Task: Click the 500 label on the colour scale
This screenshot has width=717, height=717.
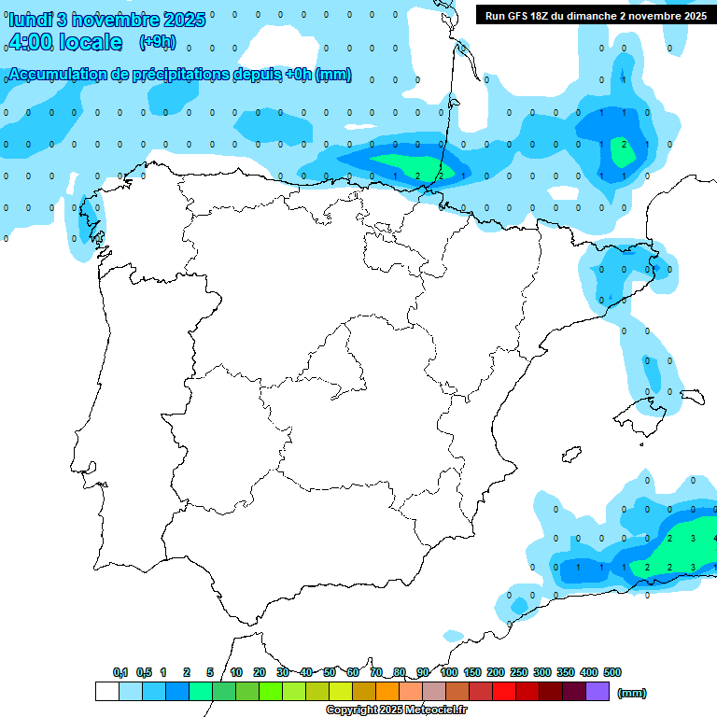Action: coord(612,672)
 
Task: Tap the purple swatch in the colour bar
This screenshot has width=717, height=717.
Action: coord(597,692)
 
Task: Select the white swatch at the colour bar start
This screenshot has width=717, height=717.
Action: coord(106,692)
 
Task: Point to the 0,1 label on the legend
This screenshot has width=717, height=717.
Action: coord(120,672)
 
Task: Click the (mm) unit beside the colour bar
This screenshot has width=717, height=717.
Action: coord(632,693)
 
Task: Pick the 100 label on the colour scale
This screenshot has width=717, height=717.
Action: coord(448,672)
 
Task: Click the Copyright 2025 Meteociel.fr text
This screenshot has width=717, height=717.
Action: coord(396,710)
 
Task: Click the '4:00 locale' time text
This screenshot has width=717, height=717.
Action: coord(65,42)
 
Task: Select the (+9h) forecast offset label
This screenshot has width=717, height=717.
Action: coord(157,42)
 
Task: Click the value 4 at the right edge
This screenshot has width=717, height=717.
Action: coord(714,538)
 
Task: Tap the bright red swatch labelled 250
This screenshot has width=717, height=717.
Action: coord(504,692)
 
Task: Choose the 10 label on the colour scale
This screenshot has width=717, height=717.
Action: coord(236,672)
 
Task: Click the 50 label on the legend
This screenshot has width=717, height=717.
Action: coord(330,672)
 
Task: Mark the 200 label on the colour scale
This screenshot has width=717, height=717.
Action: coord(496,672)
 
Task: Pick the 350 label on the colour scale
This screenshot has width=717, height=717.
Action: coord(566,672)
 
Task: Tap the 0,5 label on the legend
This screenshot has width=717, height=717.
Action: coord(144,672)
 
